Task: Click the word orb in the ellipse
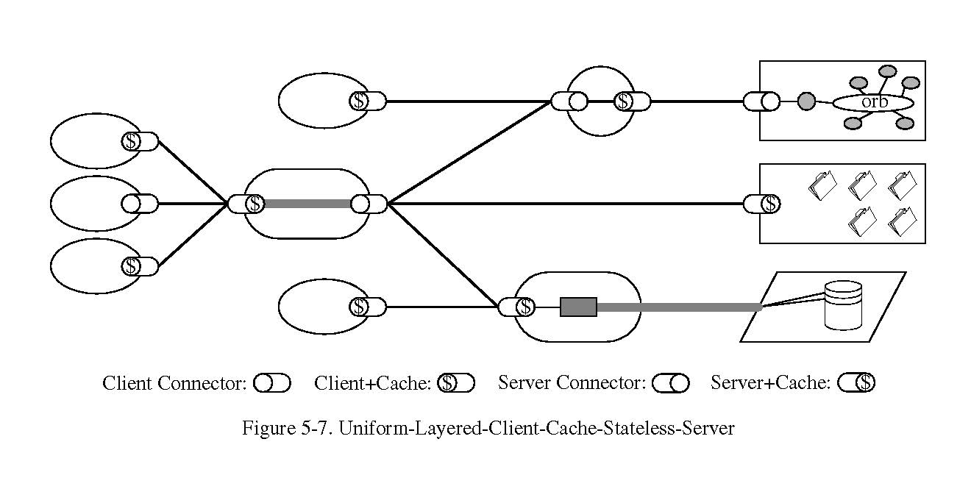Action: pyautogui.click(x=874, y=102)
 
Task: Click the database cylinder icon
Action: pyautogui.click(x=843, y=304)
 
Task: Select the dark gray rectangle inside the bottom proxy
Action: pyautogui.click(x=578, y=307)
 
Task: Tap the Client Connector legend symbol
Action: pyautogui.click(x=272, y=383)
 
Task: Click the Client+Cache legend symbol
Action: pyautogui.click(x=456, y=383)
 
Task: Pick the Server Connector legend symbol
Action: pyautogui.click(x=670, y=383)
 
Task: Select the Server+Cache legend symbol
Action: pyautogui.click(x=856, y=383)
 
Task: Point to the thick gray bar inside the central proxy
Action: pyautogui.click(x=307, y=204)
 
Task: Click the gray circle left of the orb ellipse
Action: pyautogui.click(x=806, y=101)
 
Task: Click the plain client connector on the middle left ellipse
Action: pyautogui.click(x=140, y=204)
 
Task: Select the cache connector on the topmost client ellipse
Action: pyautogui.click(x=368, y=101)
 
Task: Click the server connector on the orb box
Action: pyautogui.click(x=761, y=101)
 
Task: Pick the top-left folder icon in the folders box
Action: pyautogui.click(x=822, y=185)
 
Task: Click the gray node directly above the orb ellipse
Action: pyautogui.click(x=888, y=71)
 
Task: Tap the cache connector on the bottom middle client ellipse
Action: pyautogui.click(x=368, y=307)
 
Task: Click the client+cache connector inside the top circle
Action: pyautogui.click(x=632, y=101)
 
